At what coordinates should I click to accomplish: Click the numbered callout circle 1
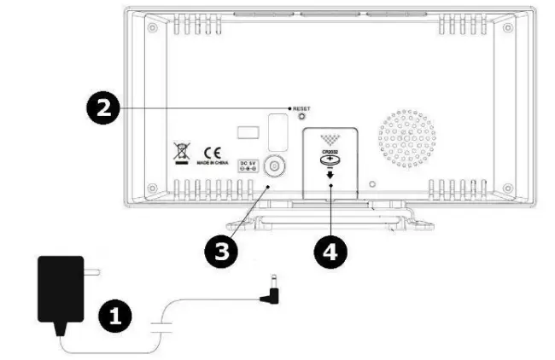[117, 316]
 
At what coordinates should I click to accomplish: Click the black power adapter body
[61, 290]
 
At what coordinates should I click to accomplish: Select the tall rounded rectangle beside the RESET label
[276, 130]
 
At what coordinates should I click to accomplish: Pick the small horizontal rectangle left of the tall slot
[247, 132]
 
